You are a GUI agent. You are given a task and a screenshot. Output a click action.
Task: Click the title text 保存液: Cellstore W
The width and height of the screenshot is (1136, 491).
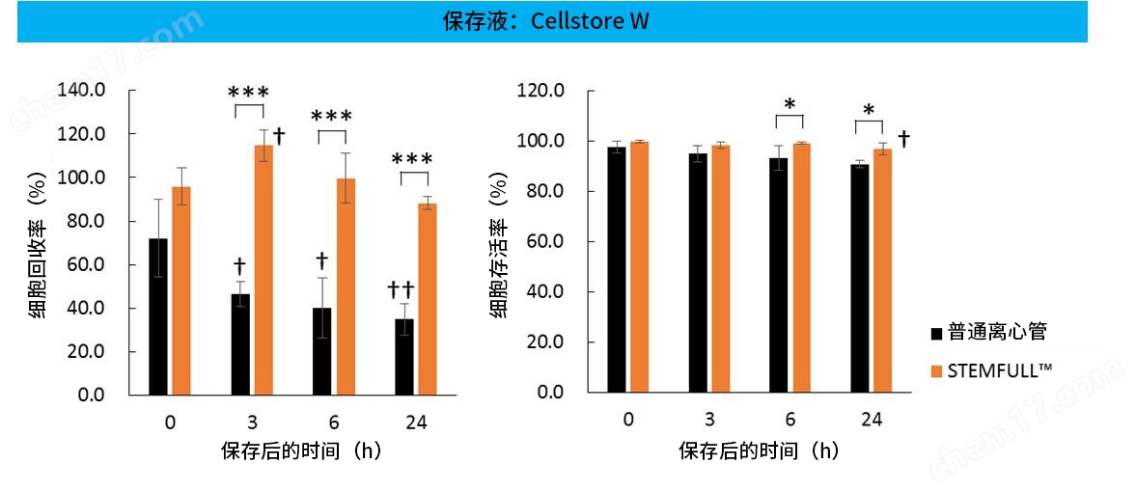pos(545,21)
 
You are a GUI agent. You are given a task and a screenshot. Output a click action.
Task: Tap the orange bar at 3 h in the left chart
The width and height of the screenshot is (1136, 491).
pos(263,270)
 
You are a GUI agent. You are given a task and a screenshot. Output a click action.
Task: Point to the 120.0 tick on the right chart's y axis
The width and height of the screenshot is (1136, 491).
pos(541,91)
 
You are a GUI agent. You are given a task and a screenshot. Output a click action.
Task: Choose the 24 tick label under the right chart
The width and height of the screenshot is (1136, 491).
pos(871,420)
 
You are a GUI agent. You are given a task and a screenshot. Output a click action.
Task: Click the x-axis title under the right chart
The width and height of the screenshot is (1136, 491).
pos(759,450)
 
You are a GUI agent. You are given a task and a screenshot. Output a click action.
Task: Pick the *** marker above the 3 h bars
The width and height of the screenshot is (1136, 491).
pos(248,93)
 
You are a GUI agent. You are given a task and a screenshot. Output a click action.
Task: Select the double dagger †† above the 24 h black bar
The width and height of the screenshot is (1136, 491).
pos(401,289)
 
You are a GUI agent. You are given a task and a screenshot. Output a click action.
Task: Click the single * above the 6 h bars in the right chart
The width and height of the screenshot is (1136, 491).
pos(790,105)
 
